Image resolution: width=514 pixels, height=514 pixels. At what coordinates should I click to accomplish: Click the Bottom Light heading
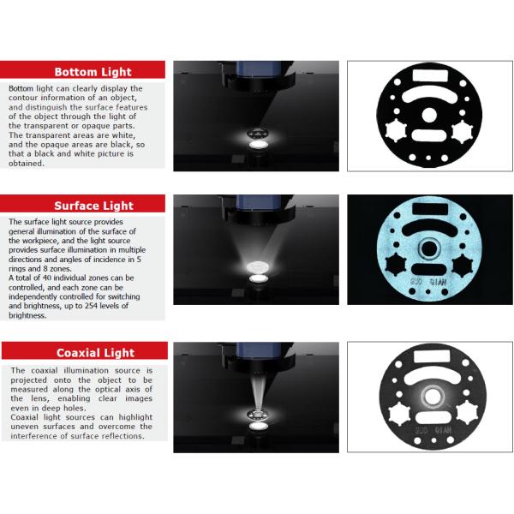93,72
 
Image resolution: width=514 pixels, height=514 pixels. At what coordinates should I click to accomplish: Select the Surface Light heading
93,206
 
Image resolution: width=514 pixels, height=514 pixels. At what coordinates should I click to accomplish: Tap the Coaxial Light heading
95,353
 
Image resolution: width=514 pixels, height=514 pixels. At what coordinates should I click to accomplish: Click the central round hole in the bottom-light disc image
429,115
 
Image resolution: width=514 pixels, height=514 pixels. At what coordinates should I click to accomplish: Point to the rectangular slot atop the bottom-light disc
430,75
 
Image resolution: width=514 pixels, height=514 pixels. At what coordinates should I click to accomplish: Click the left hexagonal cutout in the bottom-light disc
396,130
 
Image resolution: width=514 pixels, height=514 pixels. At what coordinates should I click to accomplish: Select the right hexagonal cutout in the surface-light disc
463,266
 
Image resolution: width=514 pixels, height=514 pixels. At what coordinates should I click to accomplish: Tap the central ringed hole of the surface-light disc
429,249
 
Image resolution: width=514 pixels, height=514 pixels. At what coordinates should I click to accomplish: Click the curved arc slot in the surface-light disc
429,228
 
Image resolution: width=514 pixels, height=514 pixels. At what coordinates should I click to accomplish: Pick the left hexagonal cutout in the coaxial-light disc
399,414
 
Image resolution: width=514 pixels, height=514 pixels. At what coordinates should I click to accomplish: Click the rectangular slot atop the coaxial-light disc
432,356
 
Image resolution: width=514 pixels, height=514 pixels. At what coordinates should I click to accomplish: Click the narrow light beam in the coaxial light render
258,392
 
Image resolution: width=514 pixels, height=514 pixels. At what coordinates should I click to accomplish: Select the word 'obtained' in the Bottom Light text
27,164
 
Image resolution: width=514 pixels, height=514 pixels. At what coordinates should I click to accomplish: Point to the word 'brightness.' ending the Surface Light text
27,315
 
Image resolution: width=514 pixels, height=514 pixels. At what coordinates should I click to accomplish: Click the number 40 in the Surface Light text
47,278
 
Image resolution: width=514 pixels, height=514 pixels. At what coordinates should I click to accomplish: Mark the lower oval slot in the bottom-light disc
428,135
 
